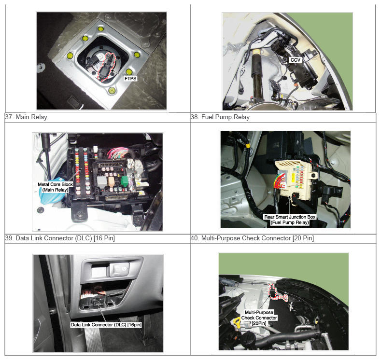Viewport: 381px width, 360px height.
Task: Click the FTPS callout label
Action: [130, 78]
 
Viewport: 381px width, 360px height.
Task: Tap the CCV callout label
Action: [295, 60]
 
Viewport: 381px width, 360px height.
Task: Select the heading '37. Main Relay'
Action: [26, 117]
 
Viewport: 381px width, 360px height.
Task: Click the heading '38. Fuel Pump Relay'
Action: [220, 117]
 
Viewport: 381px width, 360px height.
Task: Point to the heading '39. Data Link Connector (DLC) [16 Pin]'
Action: [60, 238]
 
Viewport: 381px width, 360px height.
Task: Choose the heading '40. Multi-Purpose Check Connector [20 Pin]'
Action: [252, 238]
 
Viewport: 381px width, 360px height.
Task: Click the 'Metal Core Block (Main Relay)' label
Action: [55, 187]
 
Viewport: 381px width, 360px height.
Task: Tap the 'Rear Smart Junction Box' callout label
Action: [290, 217]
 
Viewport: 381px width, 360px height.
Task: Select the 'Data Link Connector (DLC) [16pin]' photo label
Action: [106, 325]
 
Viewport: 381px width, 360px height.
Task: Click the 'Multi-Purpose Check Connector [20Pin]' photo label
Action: [259, 318]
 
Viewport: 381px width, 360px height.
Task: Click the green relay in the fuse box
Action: [125, 181]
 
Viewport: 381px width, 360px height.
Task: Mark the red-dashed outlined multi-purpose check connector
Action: [276, 293]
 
